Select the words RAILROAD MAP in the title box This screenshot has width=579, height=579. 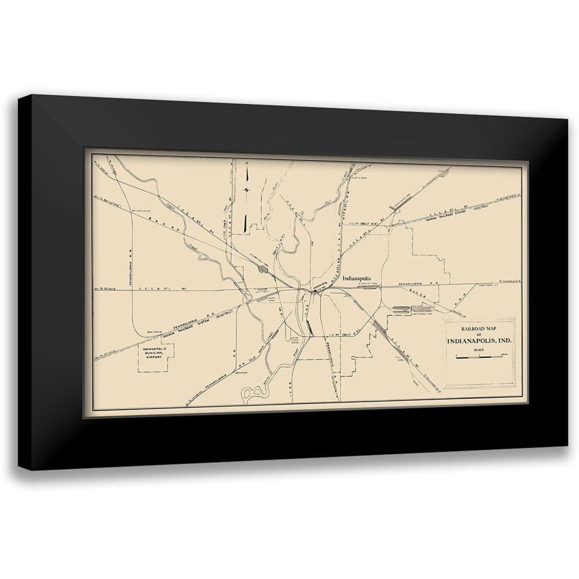pyautogui.click(x=478, y=327)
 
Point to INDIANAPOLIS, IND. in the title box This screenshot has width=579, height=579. pyautogui.click(x=479, y=340)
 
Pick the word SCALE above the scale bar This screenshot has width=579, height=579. pyautogui.click(x=479, y=349)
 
